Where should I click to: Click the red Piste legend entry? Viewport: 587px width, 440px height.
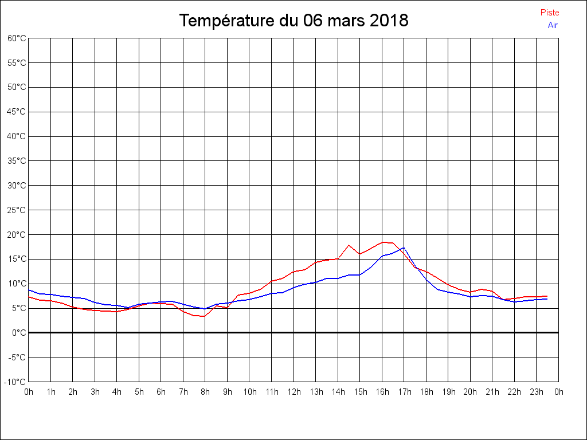pos(549,13)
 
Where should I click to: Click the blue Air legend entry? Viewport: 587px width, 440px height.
pos(553,25)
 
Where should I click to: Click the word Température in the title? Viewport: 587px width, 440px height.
pos(227,21)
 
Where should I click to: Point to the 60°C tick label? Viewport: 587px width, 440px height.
pos(17,38)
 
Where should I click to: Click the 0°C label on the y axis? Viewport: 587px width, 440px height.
pos(19,332)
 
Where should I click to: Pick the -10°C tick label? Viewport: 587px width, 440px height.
pos(15,382)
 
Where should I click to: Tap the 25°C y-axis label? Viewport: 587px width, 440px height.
pos(17,210)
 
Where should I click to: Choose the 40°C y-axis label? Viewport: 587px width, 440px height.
pos(17,136)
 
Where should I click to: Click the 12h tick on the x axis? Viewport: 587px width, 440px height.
pos(293,392)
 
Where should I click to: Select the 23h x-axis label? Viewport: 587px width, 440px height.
pos(537,392)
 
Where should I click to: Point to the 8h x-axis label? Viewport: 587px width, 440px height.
pos(205,392)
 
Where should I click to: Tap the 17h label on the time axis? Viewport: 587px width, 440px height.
pos(404,392)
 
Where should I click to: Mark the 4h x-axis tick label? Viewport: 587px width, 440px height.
pos(117,392)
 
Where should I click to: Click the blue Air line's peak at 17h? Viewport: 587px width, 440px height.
pos(404,248)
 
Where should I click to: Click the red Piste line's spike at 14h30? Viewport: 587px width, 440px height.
pos(349,245)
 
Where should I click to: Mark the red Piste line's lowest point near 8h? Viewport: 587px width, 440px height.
pos(204,316)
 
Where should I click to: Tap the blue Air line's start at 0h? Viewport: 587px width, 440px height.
pos(29,289)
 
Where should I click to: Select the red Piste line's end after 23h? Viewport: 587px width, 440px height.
pos(547,296)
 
